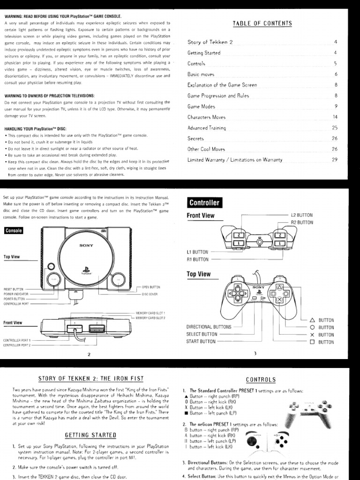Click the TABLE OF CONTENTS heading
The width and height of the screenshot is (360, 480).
(x=262, y=23)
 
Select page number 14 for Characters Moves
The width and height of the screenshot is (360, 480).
(x=335, y=117)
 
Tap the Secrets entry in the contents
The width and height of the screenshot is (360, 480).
(x=195, y=139)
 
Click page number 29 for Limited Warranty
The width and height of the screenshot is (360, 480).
(x=335, y=160)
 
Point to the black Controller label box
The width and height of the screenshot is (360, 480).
(x=204, y=202)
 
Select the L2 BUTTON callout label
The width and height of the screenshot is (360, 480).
(x=302, y=215)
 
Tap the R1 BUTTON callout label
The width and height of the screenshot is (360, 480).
(x=197, y=259)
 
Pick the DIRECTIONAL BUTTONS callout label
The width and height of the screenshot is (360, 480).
(x=209, y=327)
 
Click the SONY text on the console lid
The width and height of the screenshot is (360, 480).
(x=86, y=246)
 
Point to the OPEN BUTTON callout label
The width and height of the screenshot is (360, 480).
(x=151, y=287)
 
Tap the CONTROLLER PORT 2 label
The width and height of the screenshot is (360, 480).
(x=16, y=345)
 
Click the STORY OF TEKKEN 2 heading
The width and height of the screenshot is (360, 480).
(x=90, y=378)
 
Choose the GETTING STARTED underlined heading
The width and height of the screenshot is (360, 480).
(x=90, y=435)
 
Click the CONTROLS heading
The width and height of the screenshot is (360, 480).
(x=261, y=379)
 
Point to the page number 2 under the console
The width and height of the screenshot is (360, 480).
(x=89, y=354)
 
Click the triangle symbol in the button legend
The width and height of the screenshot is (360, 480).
(x=312, y=320)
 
